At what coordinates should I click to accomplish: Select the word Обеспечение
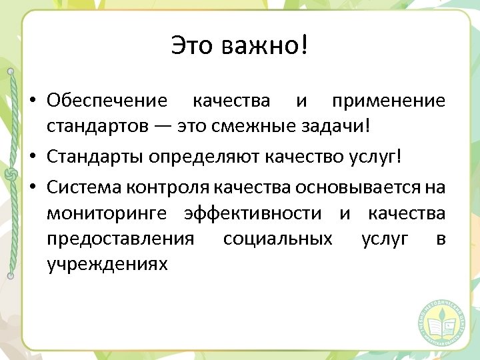[x=107, y=101]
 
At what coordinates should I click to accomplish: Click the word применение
[x=389, y=101]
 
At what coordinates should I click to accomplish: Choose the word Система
[x=81, y=187]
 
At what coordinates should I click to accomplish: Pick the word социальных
[x=278, y=239]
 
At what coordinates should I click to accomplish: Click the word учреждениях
[x=107, y=265]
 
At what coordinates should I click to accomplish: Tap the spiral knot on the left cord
[x=10, y=175]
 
